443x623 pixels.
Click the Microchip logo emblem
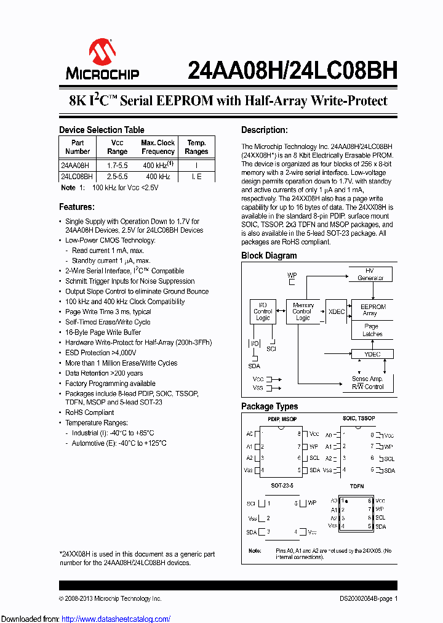[x=102, y=52]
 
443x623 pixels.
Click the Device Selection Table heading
[x=102, y=130]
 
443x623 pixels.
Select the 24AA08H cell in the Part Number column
[x=75, y=166]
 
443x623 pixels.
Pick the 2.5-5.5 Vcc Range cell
[x=117, y=177]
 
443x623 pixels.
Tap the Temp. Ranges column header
[x=196, y=147]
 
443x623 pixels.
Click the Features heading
[x=77, y=207]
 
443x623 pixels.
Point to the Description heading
[x=264, y=130]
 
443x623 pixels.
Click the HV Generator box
[x=370, y=275]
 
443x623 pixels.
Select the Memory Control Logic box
[x=303, y=311]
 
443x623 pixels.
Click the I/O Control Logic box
[x=263, y=311]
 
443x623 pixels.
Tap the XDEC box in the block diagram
[x=337, y=311]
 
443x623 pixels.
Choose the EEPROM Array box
[x=373, y=310]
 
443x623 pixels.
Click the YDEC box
[x=373, y=354]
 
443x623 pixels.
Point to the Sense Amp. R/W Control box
[x=367, y=382]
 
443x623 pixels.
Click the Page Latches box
[x=373, y=331]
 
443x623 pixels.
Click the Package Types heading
[x=269, y=406]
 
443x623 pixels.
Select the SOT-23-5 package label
[x=282, y=486]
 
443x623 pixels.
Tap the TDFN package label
[x=357, y=486]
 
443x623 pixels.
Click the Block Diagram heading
[x=269, y=255]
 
